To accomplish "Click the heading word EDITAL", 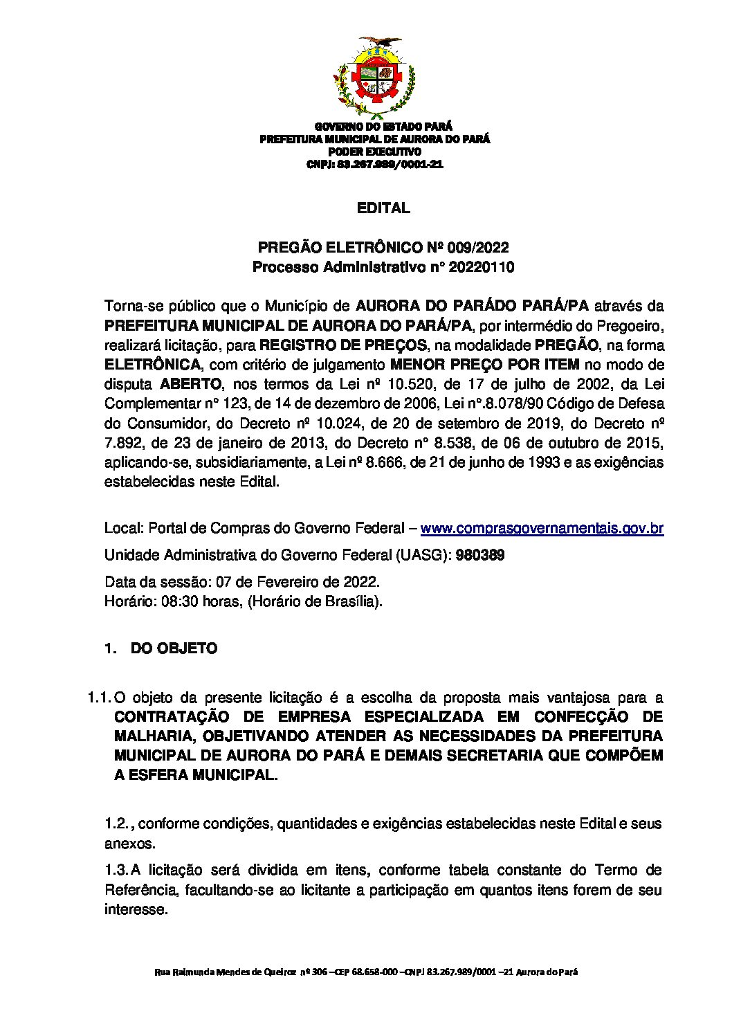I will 383,208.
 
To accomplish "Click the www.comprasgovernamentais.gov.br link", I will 542,529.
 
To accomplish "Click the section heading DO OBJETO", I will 174,648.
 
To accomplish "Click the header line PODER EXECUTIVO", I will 374,152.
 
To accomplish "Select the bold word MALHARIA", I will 153,736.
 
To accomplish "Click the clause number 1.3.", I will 116,870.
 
